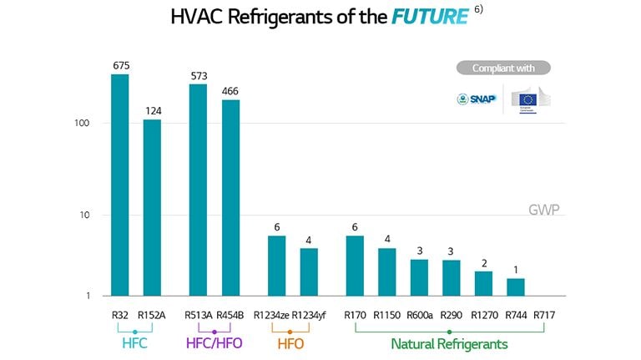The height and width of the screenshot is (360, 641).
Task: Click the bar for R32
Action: [x=120, y=185]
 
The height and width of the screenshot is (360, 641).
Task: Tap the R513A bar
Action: [x=198, y=190]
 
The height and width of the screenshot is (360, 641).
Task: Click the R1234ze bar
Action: [x=276, y=266]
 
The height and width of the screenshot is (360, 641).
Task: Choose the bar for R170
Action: [x=355, y=266]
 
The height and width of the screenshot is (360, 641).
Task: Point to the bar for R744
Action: [x=516, y=286]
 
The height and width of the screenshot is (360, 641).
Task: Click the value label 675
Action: [x=120, y=65]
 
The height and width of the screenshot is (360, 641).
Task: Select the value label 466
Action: [x=230, y=90]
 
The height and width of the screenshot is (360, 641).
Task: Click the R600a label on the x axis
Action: [x=419, y=316]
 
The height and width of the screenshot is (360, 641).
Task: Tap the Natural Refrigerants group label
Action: [x=449, y=344]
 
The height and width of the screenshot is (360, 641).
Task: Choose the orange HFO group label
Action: [x=290, y=344]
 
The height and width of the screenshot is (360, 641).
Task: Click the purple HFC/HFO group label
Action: [x=214, y=344]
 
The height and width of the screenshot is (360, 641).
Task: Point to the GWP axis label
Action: [x=544, y=210]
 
